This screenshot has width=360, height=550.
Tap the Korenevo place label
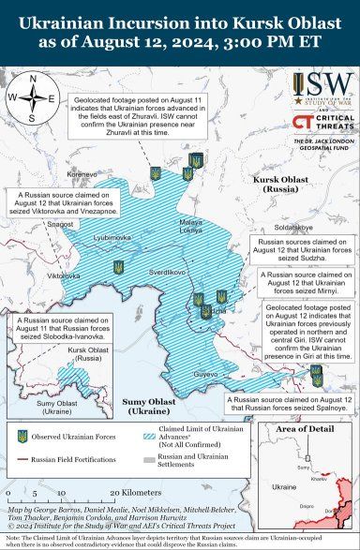click(82, 173)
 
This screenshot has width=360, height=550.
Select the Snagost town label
click(60, 225)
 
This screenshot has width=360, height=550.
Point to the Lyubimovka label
click(112, 238)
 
